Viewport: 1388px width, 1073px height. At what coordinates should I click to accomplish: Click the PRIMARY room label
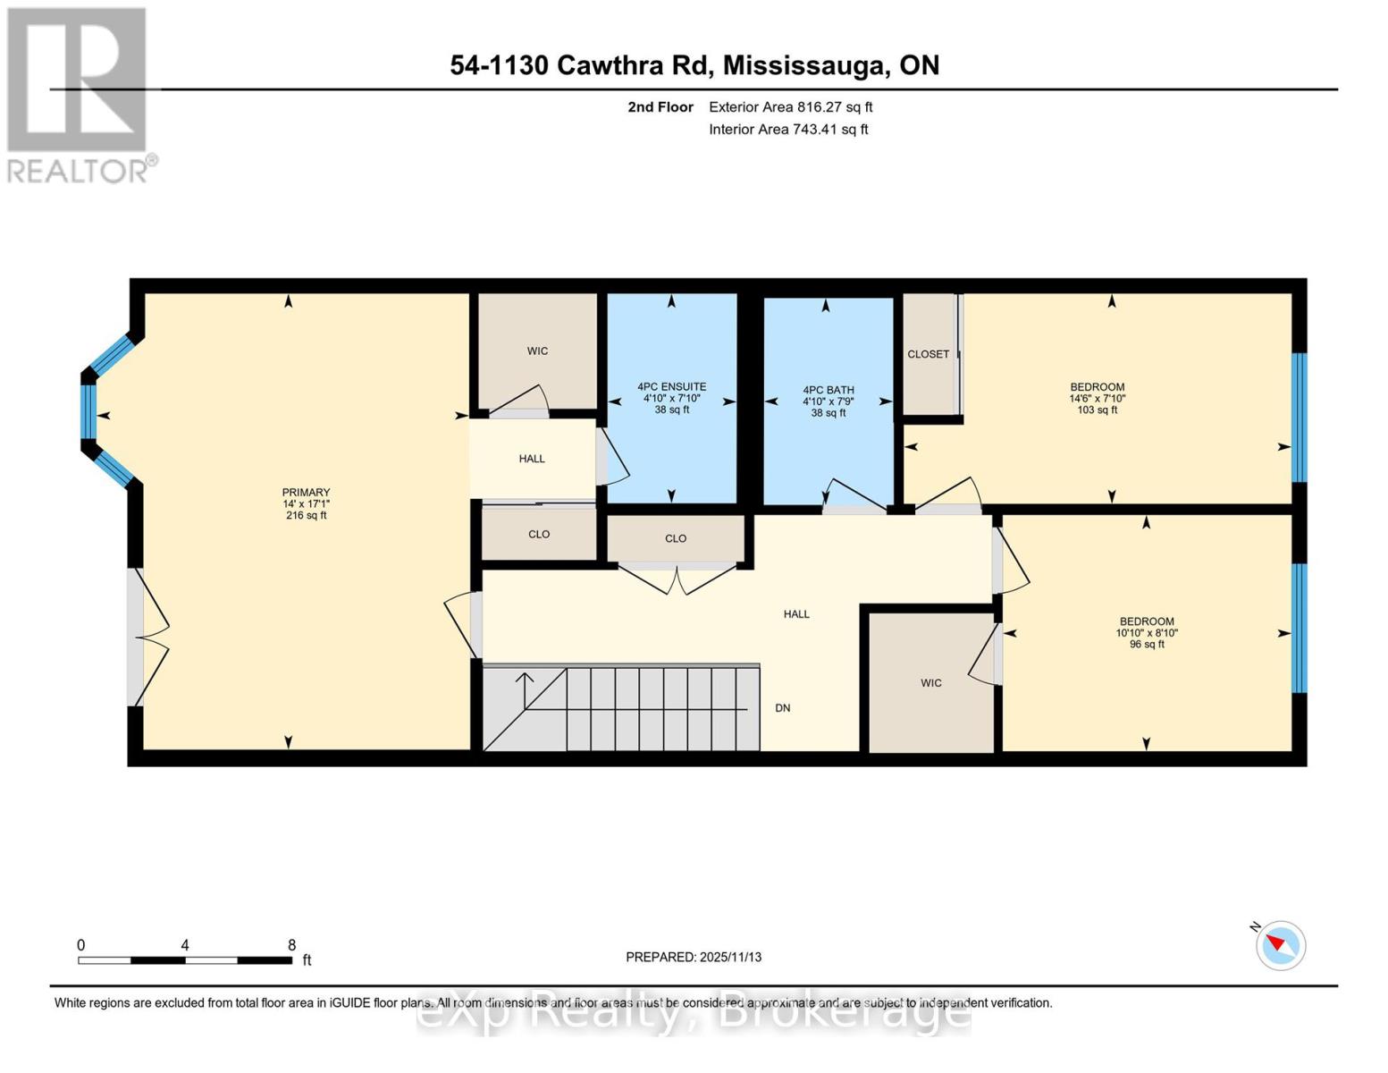[306, 492]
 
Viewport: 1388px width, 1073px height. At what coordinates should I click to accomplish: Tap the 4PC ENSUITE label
[671, 387]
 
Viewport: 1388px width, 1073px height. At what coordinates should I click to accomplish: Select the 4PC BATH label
[828, 390]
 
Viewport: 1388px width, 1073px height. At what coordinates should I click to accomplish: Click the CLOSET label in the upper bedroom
[928, 354]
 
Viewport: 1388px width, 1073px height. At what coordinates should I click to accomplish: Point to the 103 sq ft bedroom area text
[1097, 410]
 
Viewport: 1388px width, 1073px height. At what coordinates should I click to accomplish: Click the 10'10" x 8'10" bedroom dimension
[1146, 633]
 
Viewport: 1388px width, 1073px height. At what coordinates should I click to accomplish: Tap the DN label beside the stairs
[782, 708]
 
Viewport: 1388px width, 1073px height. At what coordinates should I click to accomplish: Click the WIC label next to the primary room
[536, 351]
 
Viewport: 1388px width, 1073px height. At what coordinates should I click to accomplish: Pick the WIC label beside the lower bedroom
[930, 683]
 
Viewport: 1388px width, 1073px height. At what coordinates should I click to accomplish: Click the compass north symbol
[1280, 944]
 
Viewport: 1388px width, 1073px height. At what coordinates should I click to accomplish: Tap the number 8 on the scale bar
[291, 945]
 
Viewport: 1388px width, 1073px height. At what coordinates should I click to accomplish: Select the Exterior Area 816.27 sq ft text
[790, 107]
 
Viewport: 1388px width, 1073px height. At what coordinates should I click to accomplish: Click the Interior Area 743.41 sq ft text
[788, 130]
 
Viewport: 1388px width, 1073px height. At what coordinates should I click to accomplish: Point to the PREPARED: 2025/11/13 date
[693, 957]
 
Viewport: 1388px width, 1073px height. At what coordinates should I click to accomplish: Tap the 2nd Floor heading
[660, 107]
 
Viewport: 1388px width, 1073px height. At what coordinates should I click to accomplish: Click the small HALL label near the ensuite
[531, 459]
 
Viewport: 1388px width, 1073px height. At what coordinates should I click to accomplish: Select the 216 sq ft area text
[306, 516]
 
